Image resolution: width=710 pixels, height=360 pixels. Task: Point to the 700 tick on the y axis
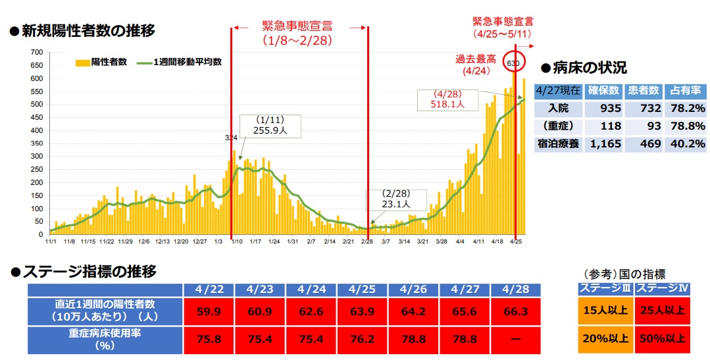37,52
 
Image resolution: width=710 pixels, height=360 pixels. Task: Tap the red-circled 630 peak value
513,63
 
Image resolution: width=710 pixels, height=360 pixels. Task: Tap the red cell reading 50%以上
663,340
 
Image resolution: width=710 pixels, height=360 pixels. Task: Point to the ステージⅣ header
663,288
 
